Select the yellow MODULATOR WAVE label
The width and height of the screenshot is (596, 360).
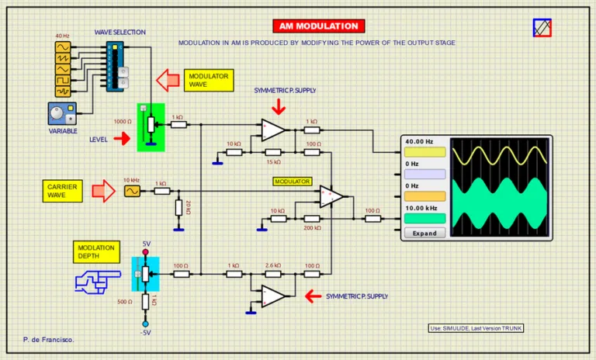tap(209, 80)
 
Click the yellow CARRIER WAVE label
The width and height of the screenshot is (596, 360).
tap(61, 191)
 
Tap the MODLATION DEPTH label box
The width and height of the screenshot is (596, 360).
tap(97, 252)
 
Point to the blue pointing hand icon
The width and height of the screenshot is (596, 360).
tap(97, 280)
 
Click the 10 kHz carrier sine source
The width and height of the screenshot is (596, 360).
tap(132, 190)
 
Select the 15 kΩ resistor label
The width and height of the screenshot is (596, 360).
tap(273, 162)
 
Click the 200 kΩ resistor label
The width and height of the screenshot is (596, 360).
tap(312, 228)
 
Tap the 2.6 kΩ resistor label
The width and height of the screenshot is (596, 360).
tap(273, 265)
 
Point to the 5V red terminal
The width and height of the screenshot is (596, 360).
tap(146, 253)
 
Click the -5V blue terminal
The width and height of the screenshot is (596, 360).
tap(145, 323)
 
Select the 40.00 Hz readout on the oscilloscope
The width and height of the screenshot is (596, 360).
tap(418, 142)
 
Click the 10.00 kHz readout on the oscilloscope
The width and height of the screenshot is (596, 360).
tap(421, 209)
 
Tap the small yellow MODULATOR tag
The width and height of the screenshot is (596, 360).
tap(292, 182)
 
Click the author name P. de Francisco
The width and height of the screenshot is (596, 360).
tap(49, 340)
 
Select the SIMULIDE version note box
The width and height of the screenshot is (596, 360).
tap(476, 328)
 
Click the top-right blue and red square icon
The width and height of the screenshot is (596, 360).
tap(542, 28)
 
